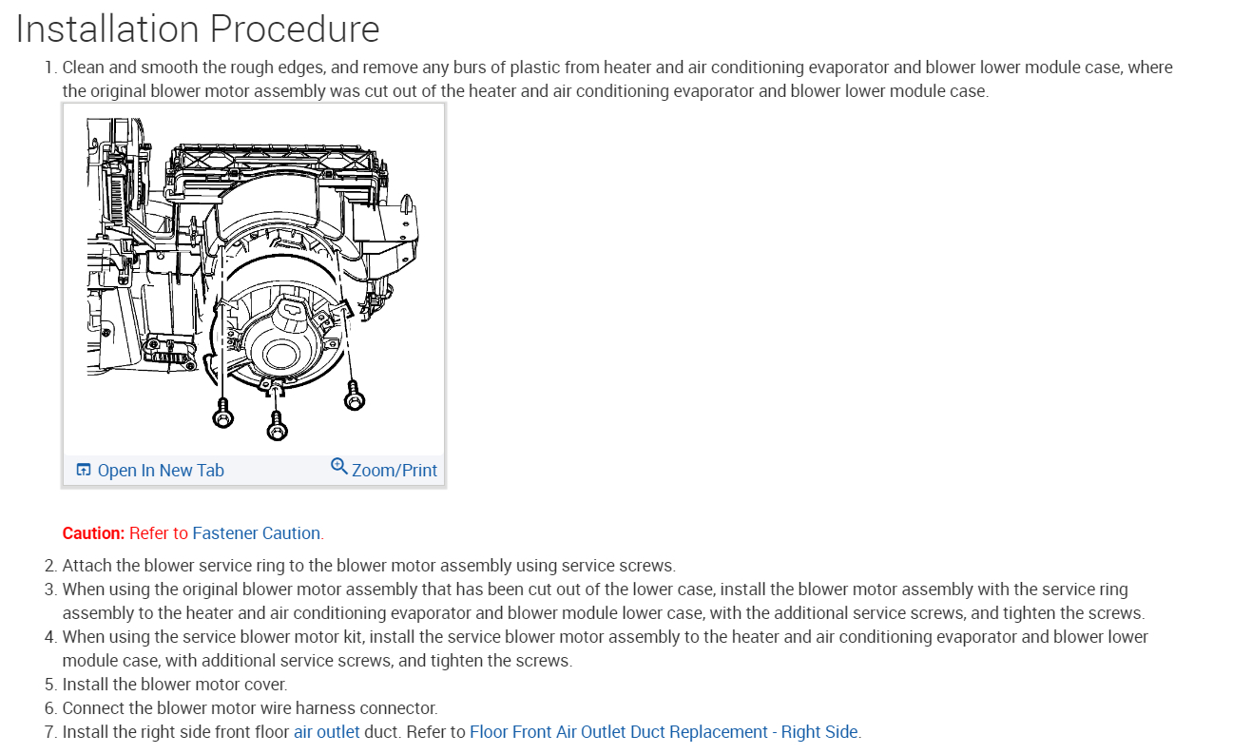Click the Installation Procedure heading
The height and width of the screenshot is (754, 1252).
click(x=198, y=29)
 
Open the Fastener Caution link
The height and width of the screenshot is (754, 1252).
click(x=257, y=533)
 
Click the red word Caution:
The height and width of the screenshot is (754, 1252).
click(x=93, y=533)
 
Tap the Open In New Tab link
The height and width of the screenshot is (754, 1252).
click(x=161, y=471)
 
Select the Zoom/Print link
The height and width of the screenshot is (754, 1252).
click(x=395, y=471)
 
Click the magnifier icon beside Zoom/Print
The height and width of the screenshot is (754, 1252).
click(x=339, y=466)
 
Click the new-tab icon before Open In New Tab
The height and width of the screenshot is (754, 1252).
click(x=84, y=471)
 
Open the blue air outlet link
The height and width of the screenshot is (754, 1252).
click(x=326, y=732)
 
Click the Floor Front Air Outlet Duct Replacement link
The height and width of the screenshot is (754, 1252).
click(x=664, y=732)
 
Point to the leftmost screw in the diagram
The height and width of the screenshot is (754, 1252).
click(x=223, y=416)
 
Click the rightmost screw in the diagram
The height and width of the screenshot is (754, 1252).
click(x=354, y=397)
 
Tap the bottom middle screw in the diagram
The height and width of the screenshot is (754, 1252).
click(x=277, y=427)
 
